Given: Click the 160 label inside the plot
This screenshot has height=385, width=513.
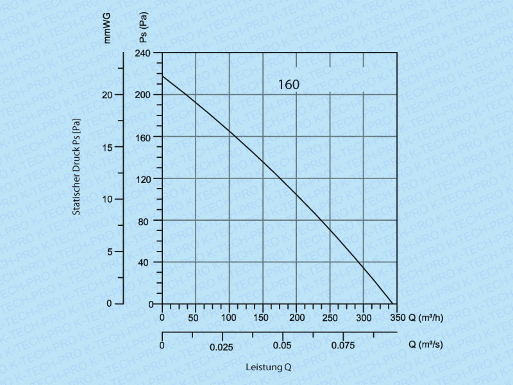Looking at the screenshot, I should [x=289, y=84].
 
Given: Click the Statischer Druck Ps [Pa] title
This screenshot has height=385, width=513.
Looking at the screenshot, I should [x=76, y=166].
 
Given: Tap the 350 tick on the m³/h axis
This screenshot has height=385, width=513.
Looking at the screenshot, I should [x=397, y=318].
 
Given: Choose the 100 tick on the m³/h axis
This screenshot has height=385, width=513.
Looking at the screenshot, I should [x=230, y=318].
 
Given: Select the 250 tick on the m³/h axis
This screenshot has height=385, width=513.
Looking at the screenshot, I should [x=330, y=318].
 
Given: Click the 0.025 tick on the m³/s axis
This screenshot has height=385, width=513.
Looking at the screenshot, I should [x=223, y=347].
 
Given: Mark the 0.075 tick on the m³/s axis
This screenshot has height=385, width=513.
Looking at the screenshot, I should [x=342, y=346].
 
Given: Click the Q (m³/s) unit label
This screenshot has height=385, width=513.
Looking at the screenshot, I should [x=425, y=345].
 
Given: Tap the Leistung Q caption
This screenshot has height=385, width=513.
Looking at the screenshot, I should [x=269, y=368].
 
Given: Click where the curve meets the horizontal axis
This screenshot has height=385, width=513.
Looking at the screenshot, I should [x=392, y=304].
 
